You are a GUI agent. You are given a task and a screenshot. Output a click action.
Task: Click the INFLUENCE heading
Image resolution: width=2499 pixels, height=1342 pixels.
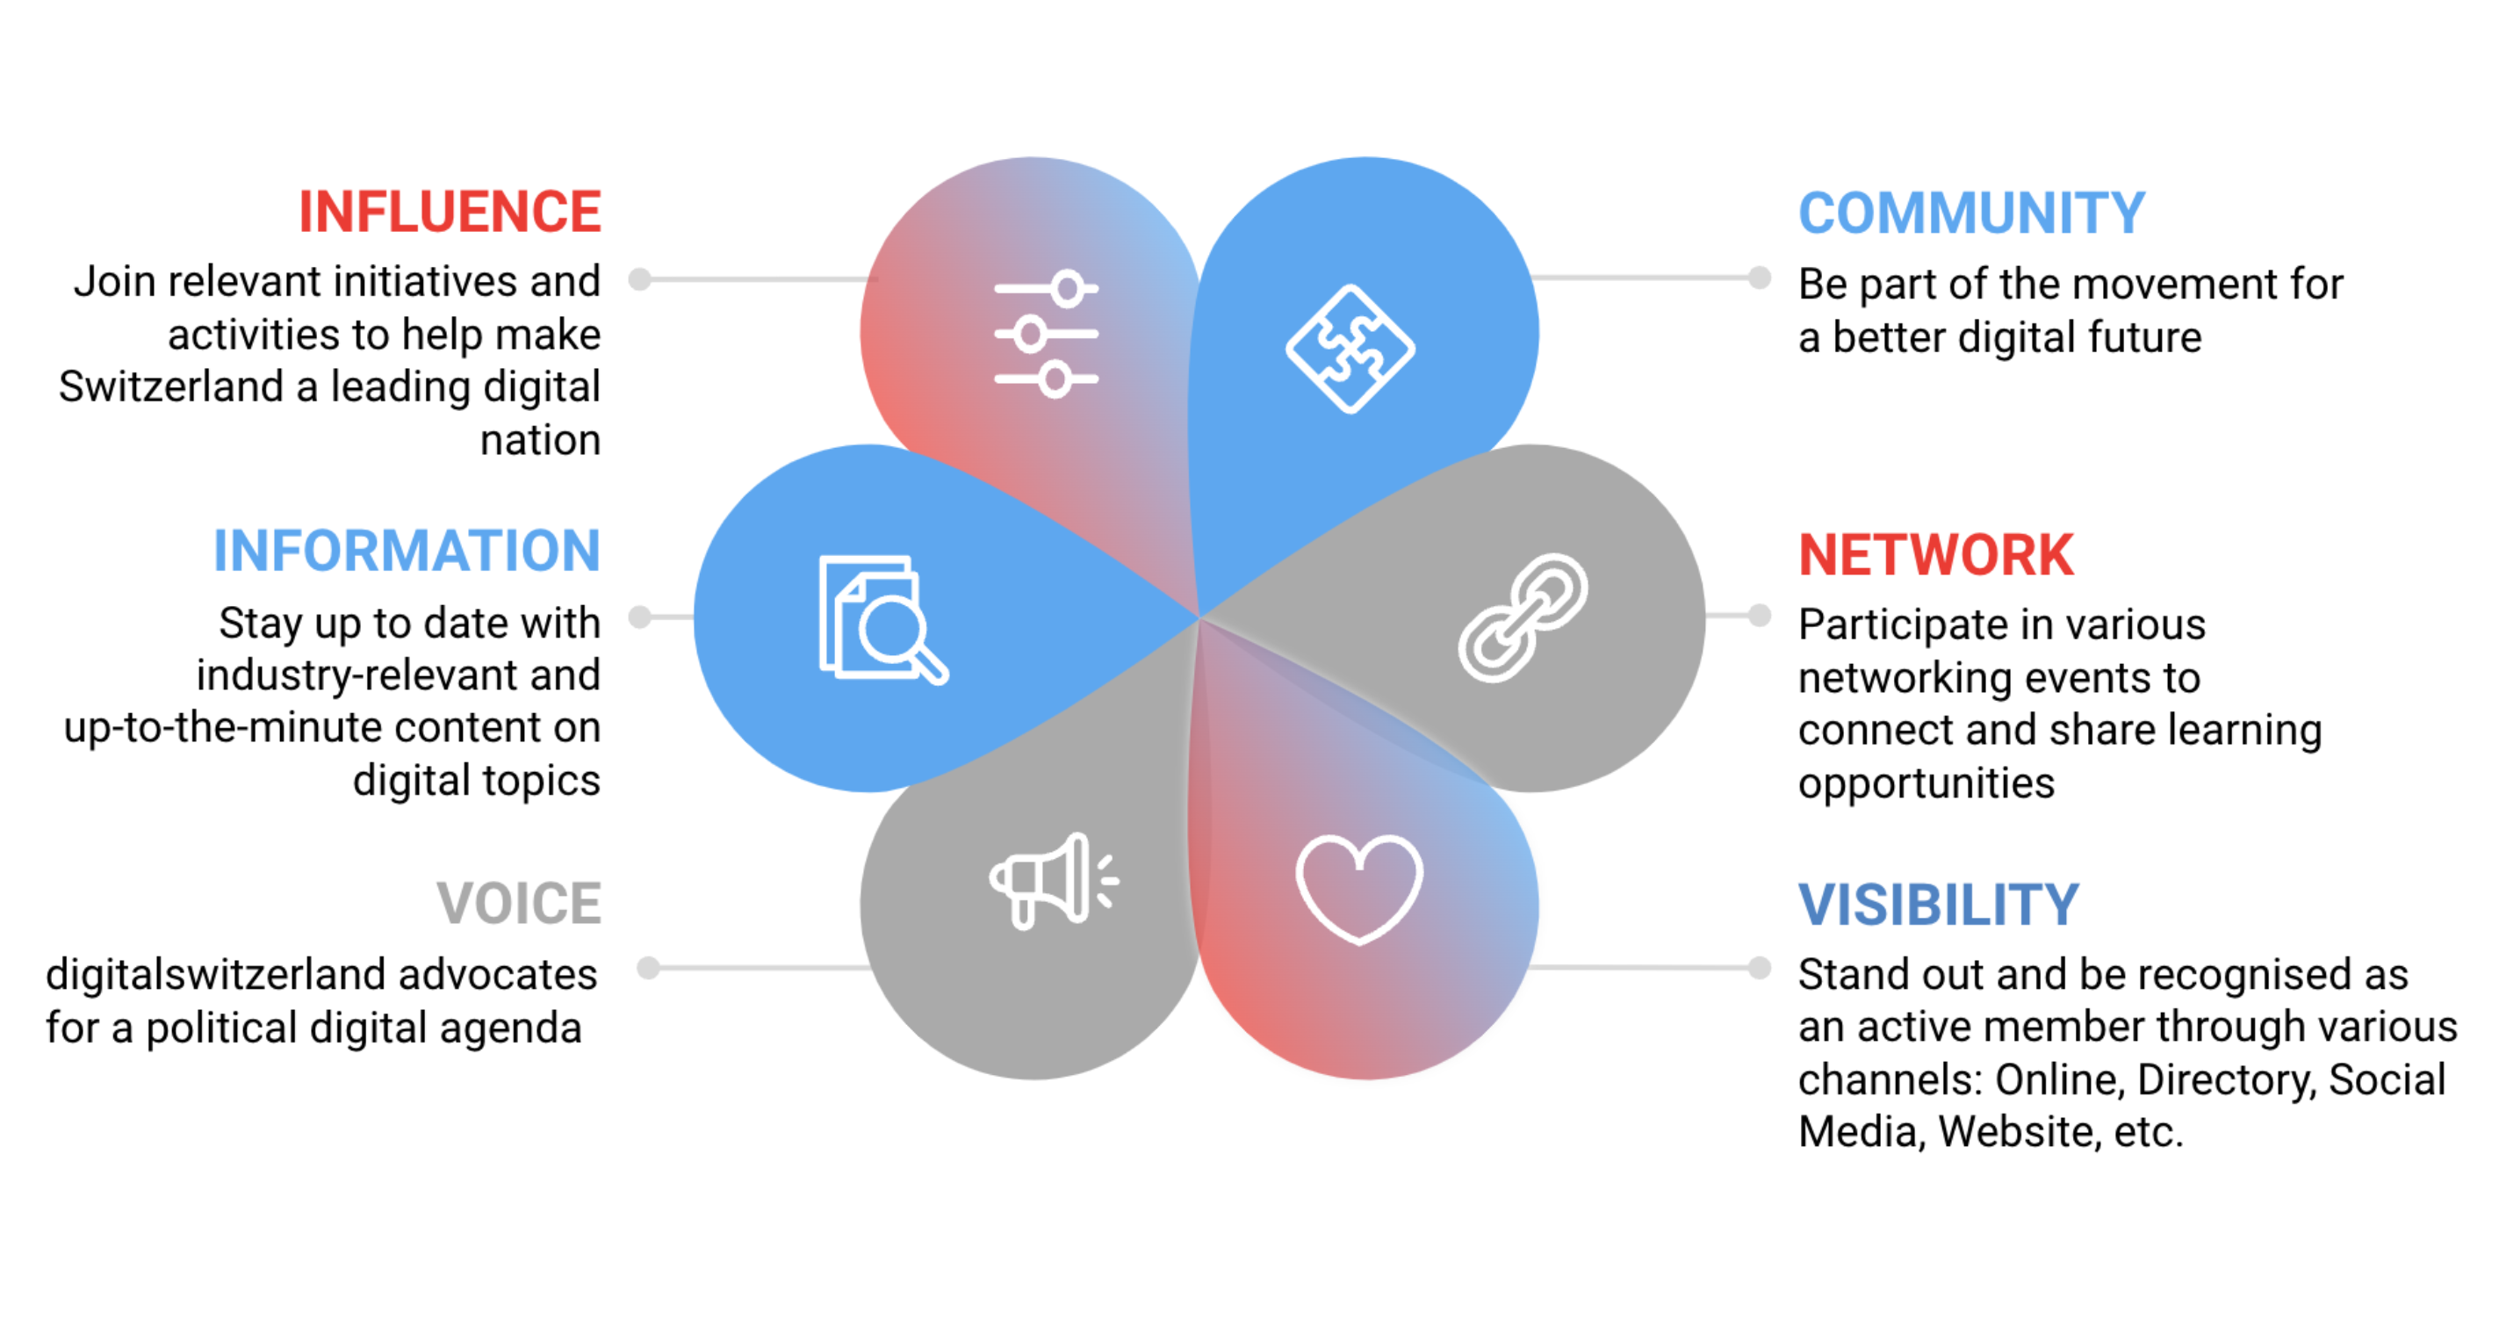click(450, 212)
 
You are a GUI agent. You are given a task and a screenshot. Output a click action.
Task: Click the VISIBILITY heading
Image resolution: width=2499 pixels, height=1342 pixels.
click(1937, 905)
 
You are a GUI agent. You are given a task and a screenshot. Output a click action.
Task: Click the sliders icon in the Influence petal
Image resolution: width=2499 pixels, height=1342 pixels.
click(1046, 334)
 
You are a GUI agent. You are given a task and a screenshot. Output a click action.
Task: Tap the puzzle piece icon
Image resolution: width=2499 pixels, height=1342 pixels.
click(1350, 349)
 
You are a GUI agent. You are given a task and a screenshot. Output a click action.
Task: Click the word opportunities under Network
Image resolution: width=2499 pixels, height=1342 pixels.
click(1926, 783)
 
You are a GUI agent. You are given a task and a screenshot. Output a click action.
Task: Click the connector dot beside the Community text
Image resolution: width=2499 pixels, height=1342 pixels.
click(1759, 278)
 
